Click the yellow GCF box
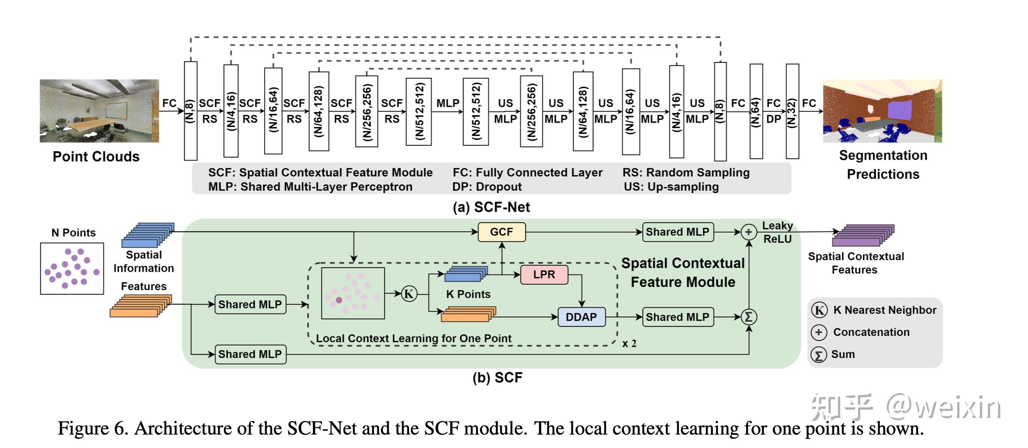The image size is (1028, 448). point(501,232)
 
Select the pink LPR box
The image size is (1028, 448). point(544,275)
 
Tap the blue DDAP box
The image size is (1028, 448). point(581,317)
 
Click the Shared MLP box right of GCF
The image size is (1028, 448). point(677,232)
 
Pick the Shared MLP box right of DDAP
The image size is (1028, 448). point(677,317)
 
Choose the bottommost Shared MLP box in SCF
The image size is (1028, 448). point(250,354)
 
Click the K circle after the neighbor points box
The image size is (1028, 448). point(409,294)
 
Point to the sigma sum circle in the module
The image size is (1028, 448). point(749,317)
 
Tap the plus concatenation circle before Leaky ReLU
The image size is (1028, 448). point(749,232)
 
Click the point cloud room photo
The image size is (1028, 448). point(99,110)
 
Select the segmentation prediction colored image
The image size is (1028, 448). point(882,110)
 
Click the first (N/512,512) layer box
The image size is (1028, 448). point(418,111)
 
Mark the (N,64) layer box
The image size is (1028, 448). point(756,111)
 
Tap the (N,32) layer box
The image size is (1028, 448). point(792,111)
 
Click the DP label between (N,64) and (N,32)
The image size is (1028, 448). point(773,119)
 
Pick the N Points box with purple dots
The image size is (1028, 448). point(72,268)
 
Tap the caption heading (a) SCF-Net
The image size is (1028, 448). point(491,207)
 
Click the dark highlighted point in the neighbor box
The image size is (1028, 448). point(339,300)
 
